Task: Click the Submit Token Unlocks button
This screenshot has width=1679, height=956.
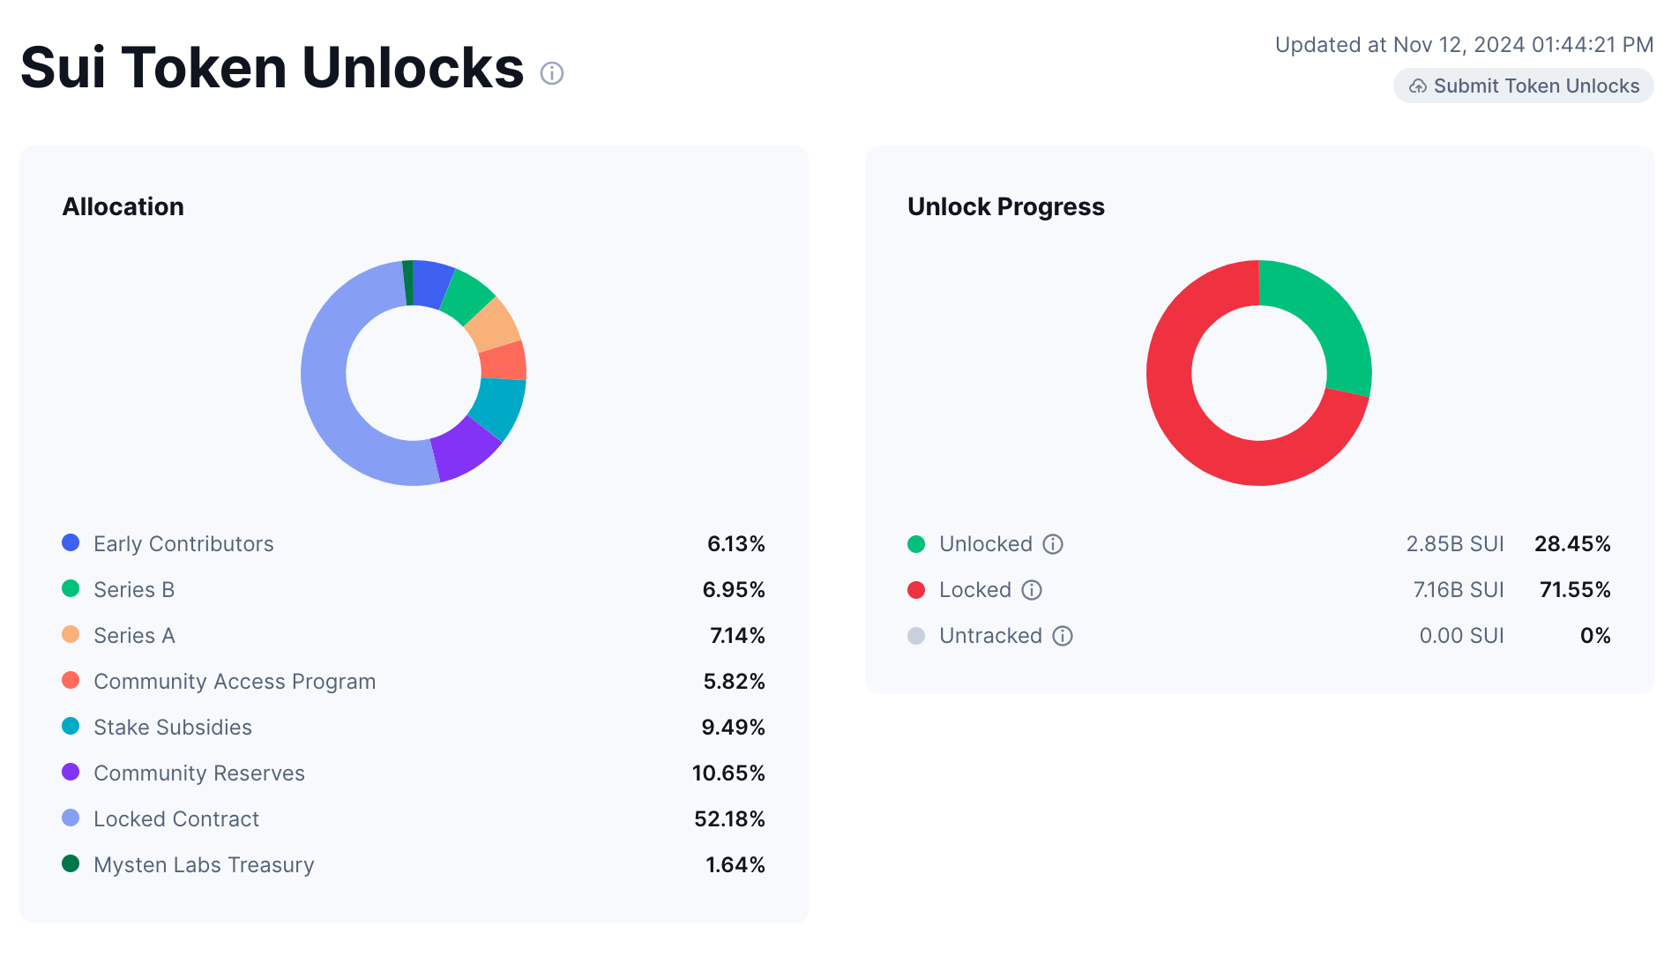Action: pyautogui.click(x=1523, y=86)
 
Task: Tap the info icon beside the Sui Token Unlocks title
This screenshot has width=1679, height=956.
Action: pyautogui.click(x=552, y=73)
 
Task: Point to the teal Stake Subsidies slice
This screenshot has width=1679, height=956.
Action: pyautogui.click(x=498, y=407)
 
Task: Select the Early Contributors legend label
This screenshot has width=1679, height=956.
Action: pyautogui.click(x=183, y=544)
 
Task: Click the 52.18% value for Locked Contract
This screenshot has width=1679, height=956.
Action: pyautogui.click(x=729, y=819)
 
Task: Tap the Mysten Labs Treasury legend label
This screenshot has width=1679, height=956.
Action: pyautogui.click(x=204, y=865)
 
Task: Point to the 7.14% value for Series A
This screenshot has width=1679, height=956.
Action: pyautogui.click(x=737, y=636)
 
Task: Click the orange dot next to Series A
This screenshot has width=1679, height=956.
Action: pyautogui.click(x=71, y=635)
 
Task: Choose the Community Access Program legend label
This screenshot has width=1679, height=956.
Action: pyautogui.click(x=235, y=682)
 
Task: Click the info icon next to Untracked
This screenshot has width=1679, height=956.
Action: pyautogui.click(x=1063, y=636)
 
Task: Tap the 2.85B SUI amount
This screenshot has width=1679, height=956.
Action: pyautogui.click(x=1454, y=544)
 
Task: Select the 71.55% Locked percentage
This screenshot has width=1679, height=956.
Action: pyautogui.click(x=1575, y=590)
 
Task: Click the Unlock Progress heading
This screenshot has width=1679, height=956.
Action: pyautogui.click(x=1005, y=206)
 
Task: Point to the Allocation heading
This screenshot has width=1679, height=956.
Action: pyautogui.click(x=123, y=206)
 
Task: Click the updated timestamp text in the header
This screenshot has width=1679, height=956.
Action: pyautogui.click(x=1464, y=45)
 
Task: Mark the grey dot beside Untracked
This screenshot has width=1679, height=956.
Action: pyautogui.click(x=916, y=636)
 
